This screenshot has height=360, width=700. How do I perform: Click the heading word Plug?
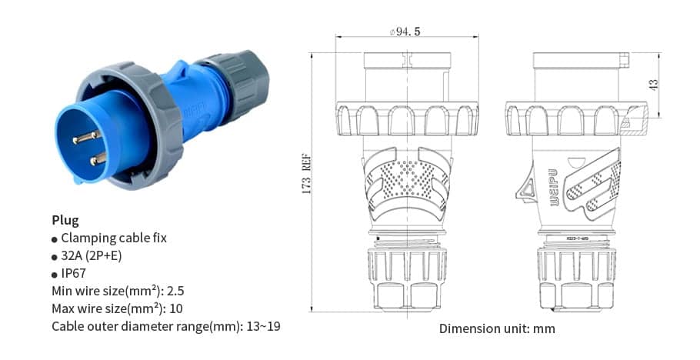coord(65,220)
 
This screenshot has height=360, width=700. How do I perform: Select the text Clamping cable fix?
coord(113,238)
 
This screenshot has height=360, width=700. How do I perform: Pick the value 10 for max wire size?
coord(177,308)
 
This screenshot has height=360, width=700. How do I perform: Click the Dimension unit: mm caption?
coord(496,328)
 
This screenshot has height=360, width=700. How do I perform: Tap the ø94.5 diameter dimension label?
coord(405,32)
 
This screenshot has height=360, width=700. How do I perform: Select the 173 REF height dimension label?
coord(305,174)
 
